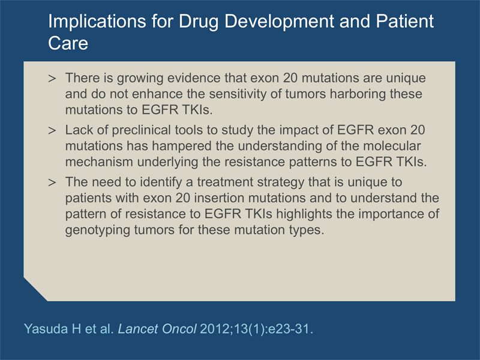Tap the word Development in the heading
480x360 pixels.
[279, 22]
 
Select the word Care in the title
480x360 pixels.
[68, 43]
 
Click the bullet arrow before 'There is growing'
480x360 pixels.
[52, 79]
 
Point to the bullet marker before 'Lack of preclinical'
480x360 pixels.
[52, 130]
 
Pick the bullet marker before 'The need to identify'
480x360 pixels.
[52, 182]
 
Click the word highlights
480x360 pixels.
[304, 214]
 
